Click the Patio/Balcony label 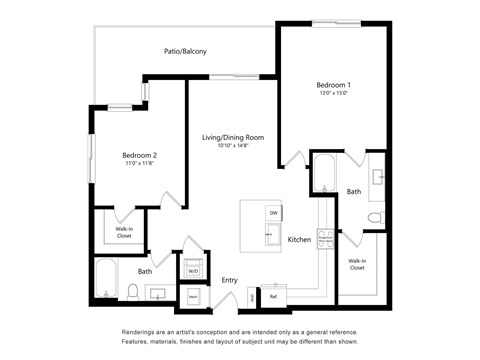pos(185,51)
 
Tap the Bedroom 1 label pos(334,86)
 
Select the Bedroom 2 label pos(140,155)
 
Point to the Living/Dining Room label pos(232,137)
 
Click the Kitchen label pos(299,240)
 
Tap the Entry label pos(229,280)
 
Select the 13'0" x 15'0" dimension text pos(334,95)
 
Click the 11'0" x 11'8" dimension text pos(140,164)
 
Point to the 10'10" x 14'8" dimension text pos(232,146)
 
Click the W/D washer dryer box pos(193,271)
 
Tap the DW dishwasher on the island pos(273,212)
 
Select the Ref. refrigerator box pos(273,296)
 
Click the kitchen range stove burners pos(324,238)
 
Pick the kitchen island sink pos(271,237)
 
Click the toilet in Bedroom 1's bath pos(375,217)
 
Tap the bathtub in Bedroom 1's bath pos(324,172)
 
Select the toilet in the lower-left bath pos(132,292)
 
